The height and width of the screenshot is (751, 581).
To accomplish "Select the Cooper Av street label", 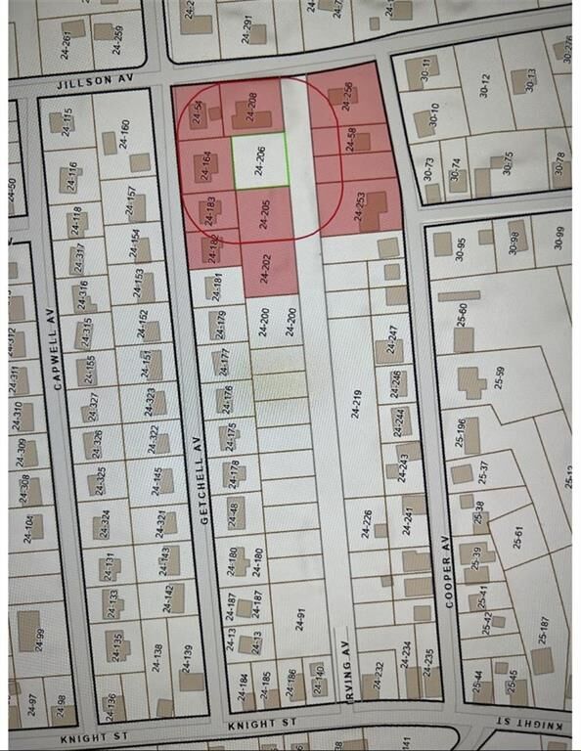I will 450,585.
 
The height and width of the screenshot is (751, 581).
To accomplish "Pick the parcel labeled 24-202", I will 264,267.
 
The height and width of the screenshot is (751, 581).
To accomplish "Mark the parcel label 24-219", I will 356,403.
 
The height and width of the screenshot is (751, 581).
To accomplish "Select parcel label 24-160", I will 123,133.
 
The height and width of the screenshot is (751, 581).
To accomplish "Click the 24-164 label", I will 205,164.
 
